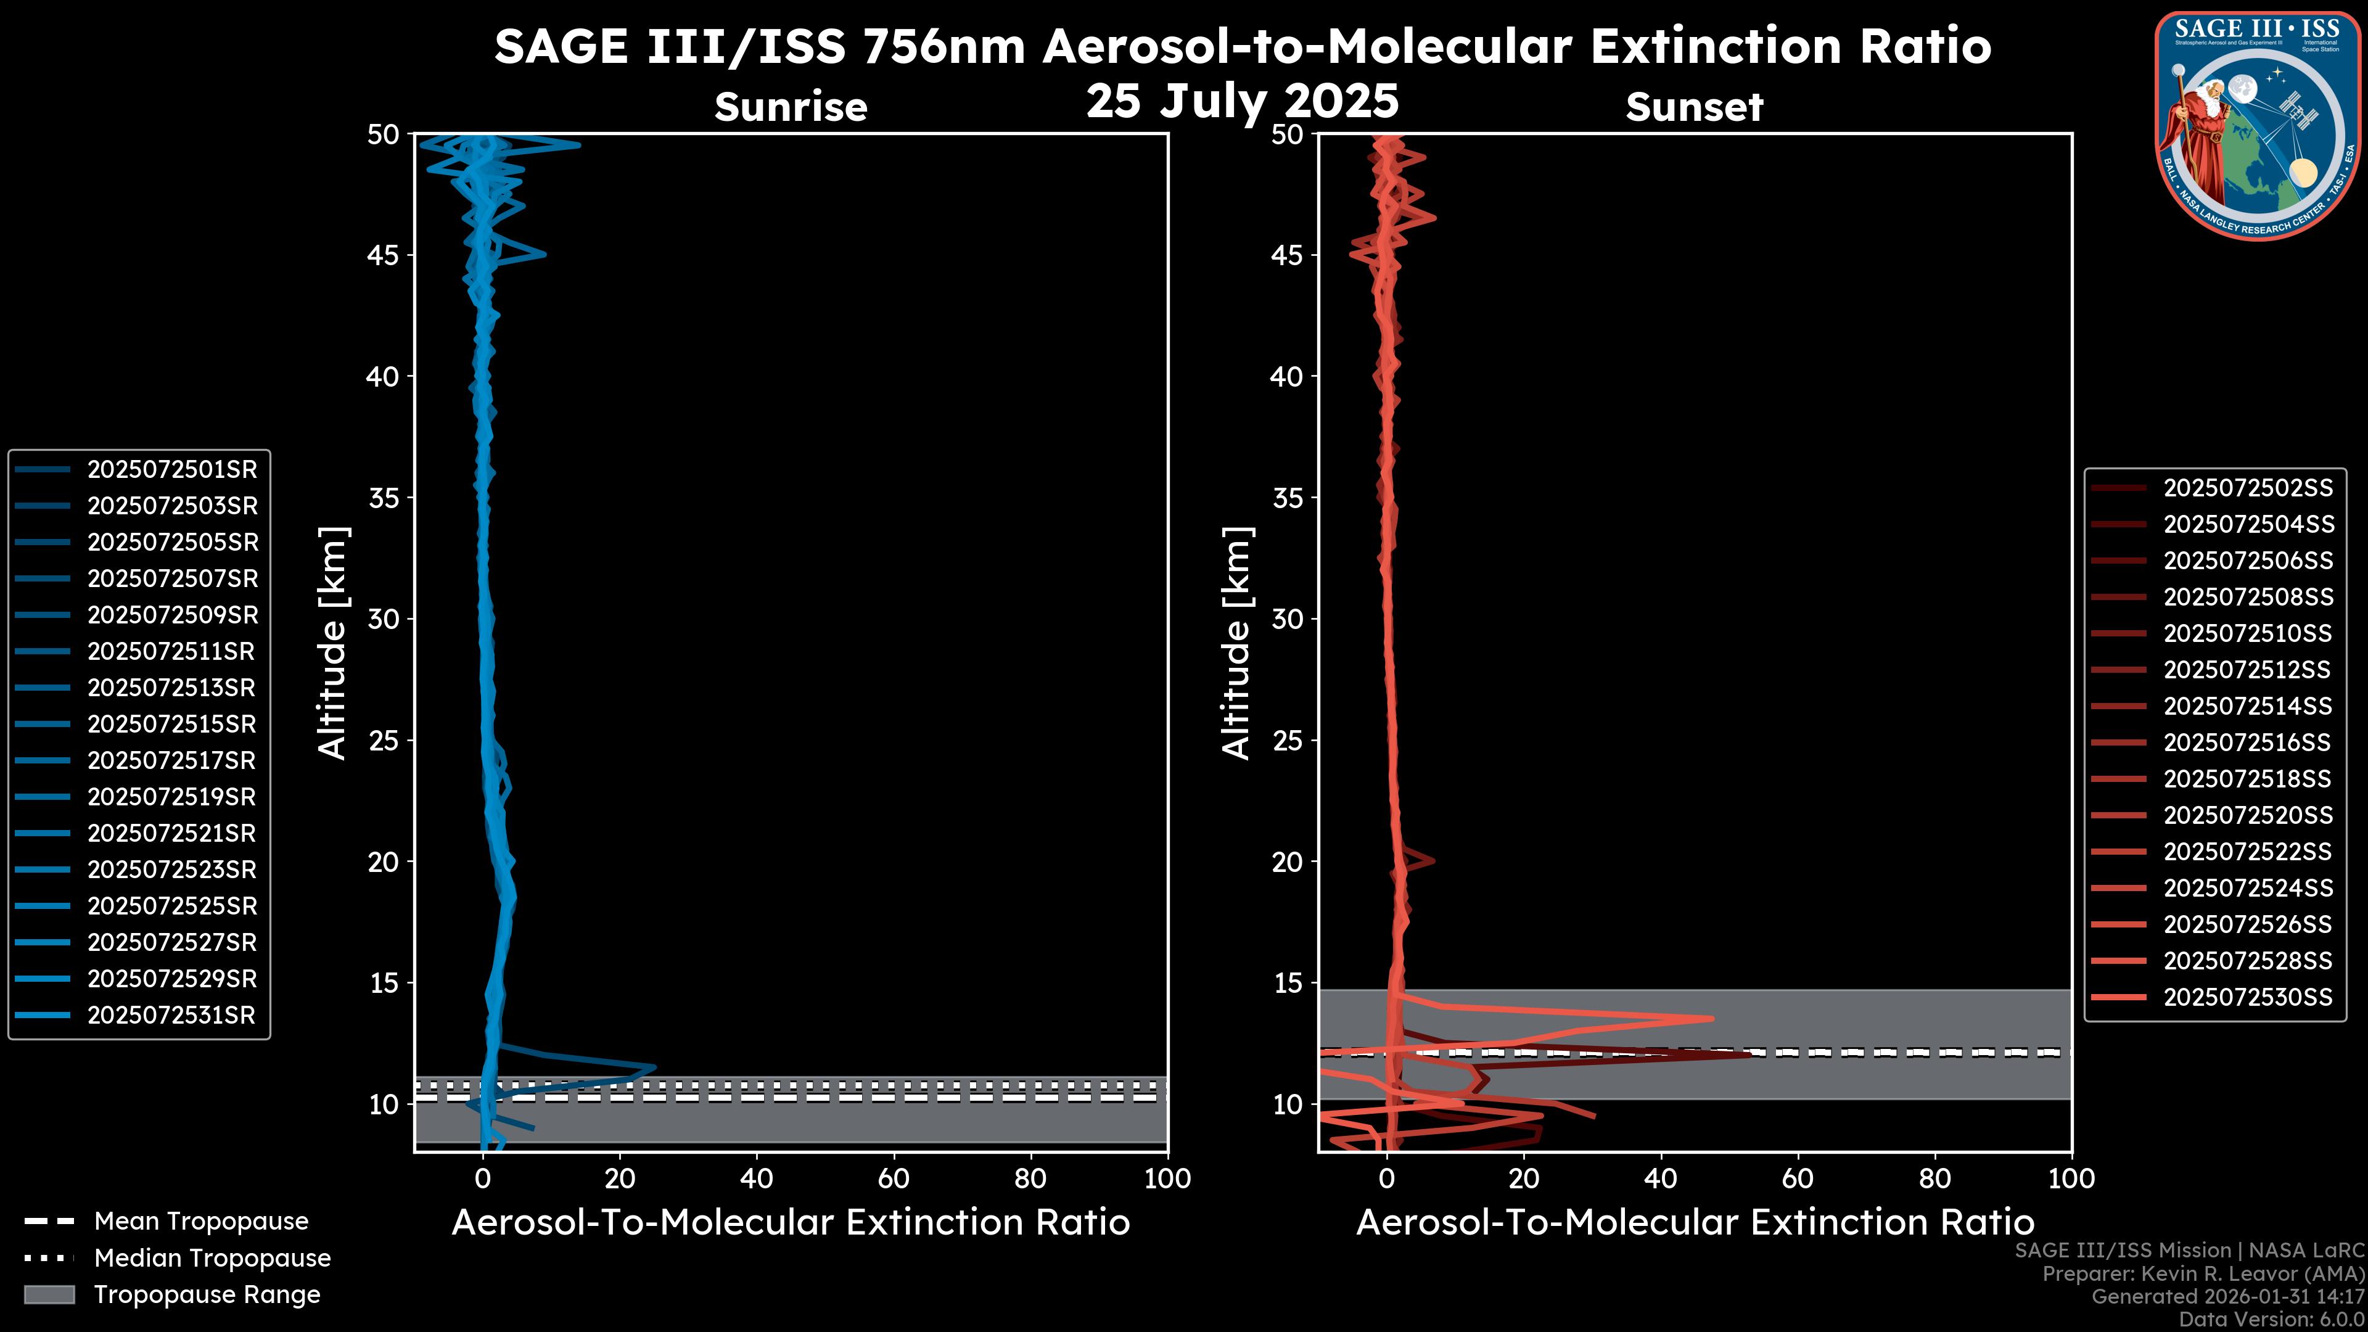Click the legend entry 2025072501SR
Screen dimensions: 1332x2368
171,470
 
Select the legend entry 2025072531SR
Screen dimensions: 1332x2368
171,1016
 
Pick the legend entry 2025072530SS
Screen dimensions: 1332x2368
2248,997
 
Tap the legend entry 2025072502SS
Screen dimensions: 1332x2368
2248,488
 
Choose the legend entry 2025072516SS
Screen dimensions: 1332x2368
2248,742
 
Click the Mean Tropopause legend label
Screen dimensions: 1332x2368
201,1222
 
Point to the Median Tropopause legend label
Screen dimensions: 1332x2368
212,1259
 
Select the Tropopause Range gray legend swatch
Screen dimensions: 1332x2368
49,1295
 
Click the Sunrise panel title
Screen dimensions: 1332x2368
791,107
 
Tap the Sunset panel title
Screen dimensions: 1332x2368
1694,107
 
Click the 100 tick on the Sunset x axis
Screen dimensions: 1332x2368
2071,1180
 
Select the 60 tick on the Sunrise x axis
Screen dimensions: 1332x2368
894,1180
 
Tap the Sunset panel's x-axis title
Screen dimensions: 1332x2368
1694,1223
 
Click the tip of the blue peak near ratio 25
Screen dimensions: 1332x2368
654,1067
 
